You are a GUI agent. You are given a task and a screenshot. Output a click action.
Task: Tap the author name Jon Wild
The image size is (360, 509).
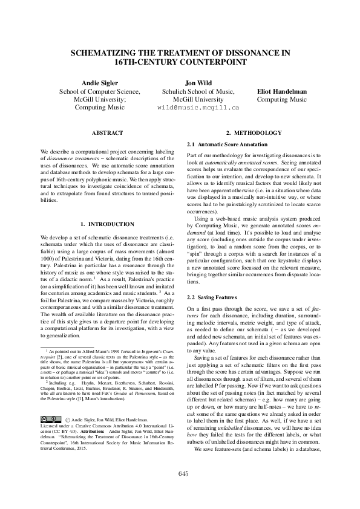tap(197, 83)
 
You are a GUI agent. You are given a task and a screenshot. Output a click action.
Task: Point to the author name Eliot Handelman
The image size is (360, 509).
tap(282, 91)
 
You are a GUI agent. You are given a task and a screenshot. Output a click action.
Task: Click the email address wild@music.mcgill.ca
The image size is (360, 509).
tap(198, 108)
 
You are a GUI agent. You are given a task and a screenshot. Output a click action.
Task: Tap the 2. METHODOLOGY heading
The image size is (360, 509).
tap(254, 132)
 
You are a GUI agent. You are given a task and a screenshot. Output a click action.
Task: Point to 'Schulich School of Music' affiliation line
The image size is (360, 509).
tap(198, 91)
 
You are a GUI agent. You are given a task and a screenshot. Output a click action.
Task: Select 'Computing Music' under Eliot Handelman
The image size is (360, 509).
tap(282, 100)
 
